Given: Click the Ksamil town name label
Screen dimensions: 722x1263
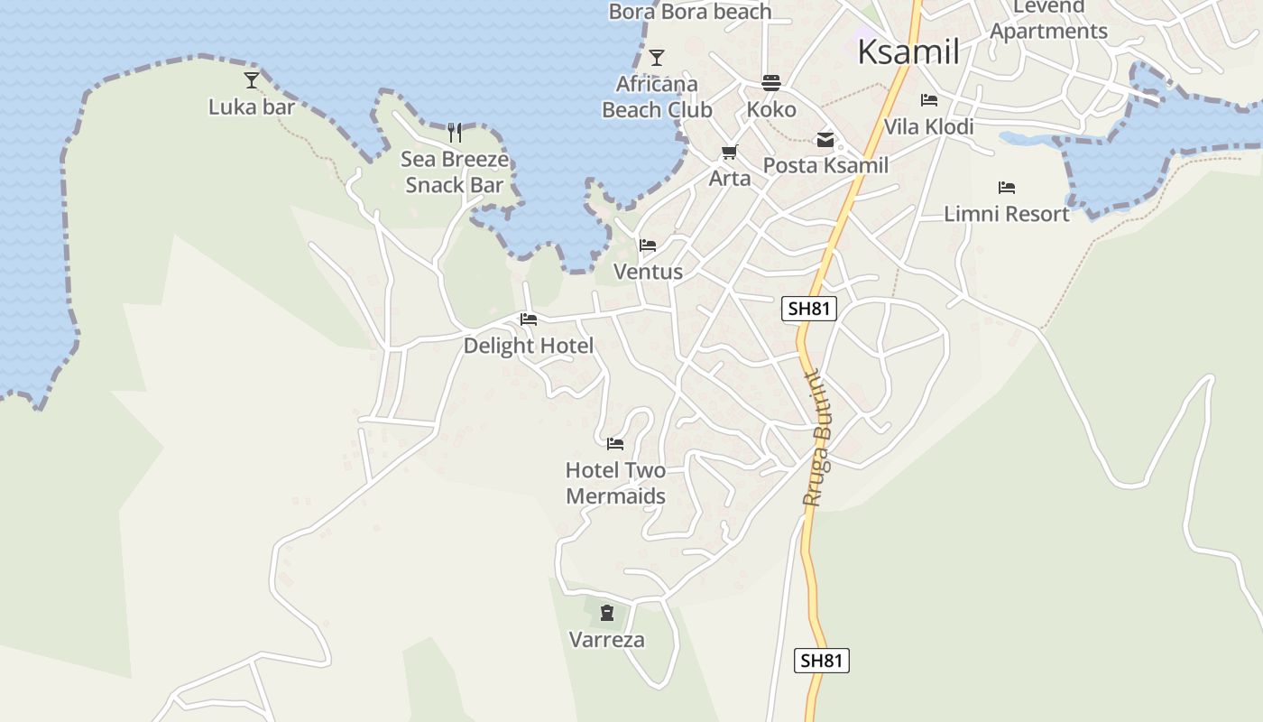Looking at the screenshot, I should point(908,52).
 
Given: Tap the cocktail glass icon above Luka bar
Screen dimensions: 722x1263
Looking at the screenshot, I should point(252,80).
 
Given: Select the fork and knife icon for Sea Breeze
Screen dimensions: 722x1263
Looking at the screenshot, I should point(455,133).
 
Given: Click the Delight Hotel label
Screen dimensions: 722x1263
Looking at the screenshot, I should point(529,346).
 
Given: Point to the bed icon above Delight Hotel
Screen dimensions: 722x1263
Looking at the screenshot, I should point(529,319).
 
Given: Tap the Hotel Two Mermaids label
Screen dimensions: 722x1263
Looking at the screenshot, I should point(615,483).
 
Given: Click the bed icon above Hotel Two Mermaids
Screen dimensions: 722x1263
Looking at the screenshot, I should point(615,443).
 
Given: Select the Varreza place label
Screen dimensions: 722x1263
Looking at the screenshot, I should point(606,640).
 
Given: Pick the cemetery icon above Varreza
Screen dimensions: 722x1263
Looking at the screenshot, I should point(606,614).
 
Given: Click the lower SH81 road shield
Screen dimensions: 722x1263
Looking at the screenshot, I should point(821,661).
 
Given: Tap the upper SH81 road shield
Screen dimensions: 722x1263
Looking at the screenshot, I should point(808,309).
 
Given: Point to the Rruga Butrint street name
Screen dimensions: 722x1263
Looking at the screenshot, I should point(819,438).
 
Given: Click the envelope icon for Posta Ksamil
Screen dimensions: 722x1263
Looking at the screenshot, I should point(825,140).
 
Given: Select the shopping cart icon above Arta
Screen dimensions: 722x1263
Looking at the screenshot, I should point(729,152).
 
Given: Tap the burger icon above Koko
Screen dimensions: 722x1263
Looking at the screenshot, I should point(770,83).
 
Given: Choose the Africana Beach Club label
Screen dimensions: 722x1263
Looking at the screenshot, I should point(657,97).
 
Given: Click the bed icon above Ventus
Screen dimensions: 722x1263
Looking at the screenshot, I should point(648,245).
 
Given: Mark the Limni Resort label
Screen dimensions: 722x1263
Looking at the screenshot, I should point(1006,214).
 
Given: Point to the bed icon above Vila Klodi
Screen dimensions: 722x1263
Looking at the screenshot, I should point(929,100).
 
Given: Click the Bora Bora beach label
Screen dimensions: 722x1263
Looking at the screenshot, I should point(690,12).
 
